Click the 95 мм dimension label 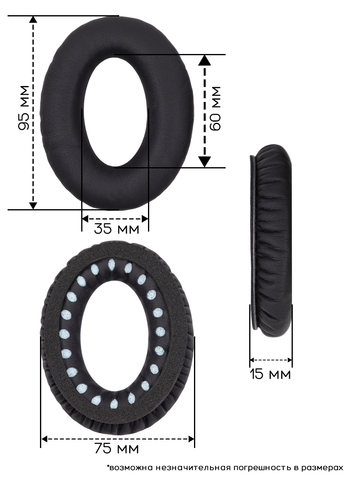pyautogui.click(x=24, y=108)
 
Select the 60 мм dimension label pyautogui.click(x=215, y=108)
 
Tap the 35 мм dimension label pyautogui.click(x=116, y=229)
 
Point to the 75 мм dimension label pyautogui.click(x=116, y=448)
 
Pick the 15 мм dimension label pyautogui.click(x=270, y=374)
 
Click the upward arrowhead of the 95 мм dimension pyautogui.click(x=33, y=19)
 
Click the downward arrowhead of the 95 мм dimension pyautogui.click(x=33, y=206)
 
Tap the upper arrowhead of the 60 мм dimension pyautogui.click(x=205, y=60)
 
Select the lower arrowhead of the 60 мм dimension pyautogui.click(x=205, y=162)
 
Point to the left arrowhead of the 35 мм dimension pyautogui.click(x=85, y=219)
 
